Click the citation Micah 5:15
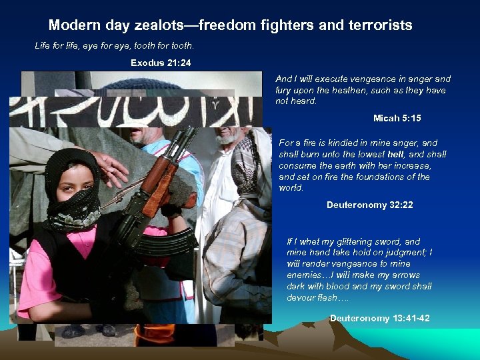[x=397, y=118]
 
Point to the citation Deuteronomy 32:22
[x=370, y=205]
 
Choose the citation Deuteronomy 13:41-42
[x=380, y=318]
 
